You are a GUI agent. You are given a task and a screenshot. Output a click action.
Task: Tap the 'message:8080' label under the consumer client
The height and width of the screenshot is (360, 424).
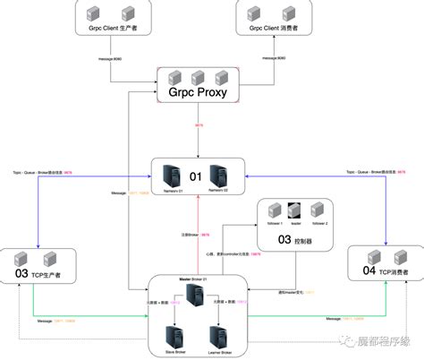[272, 59]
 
